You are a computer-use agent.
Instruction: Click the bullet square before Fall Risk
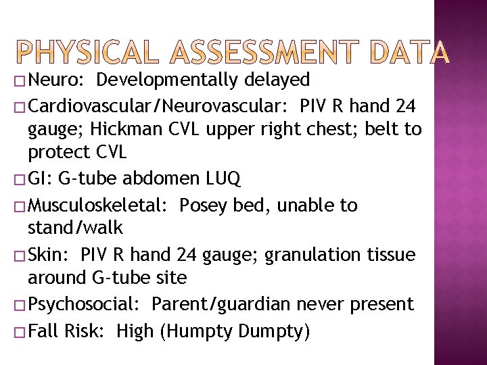[x=20, y=332]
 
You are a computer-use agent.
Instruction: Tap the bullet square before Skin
[x=20, y=255]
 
